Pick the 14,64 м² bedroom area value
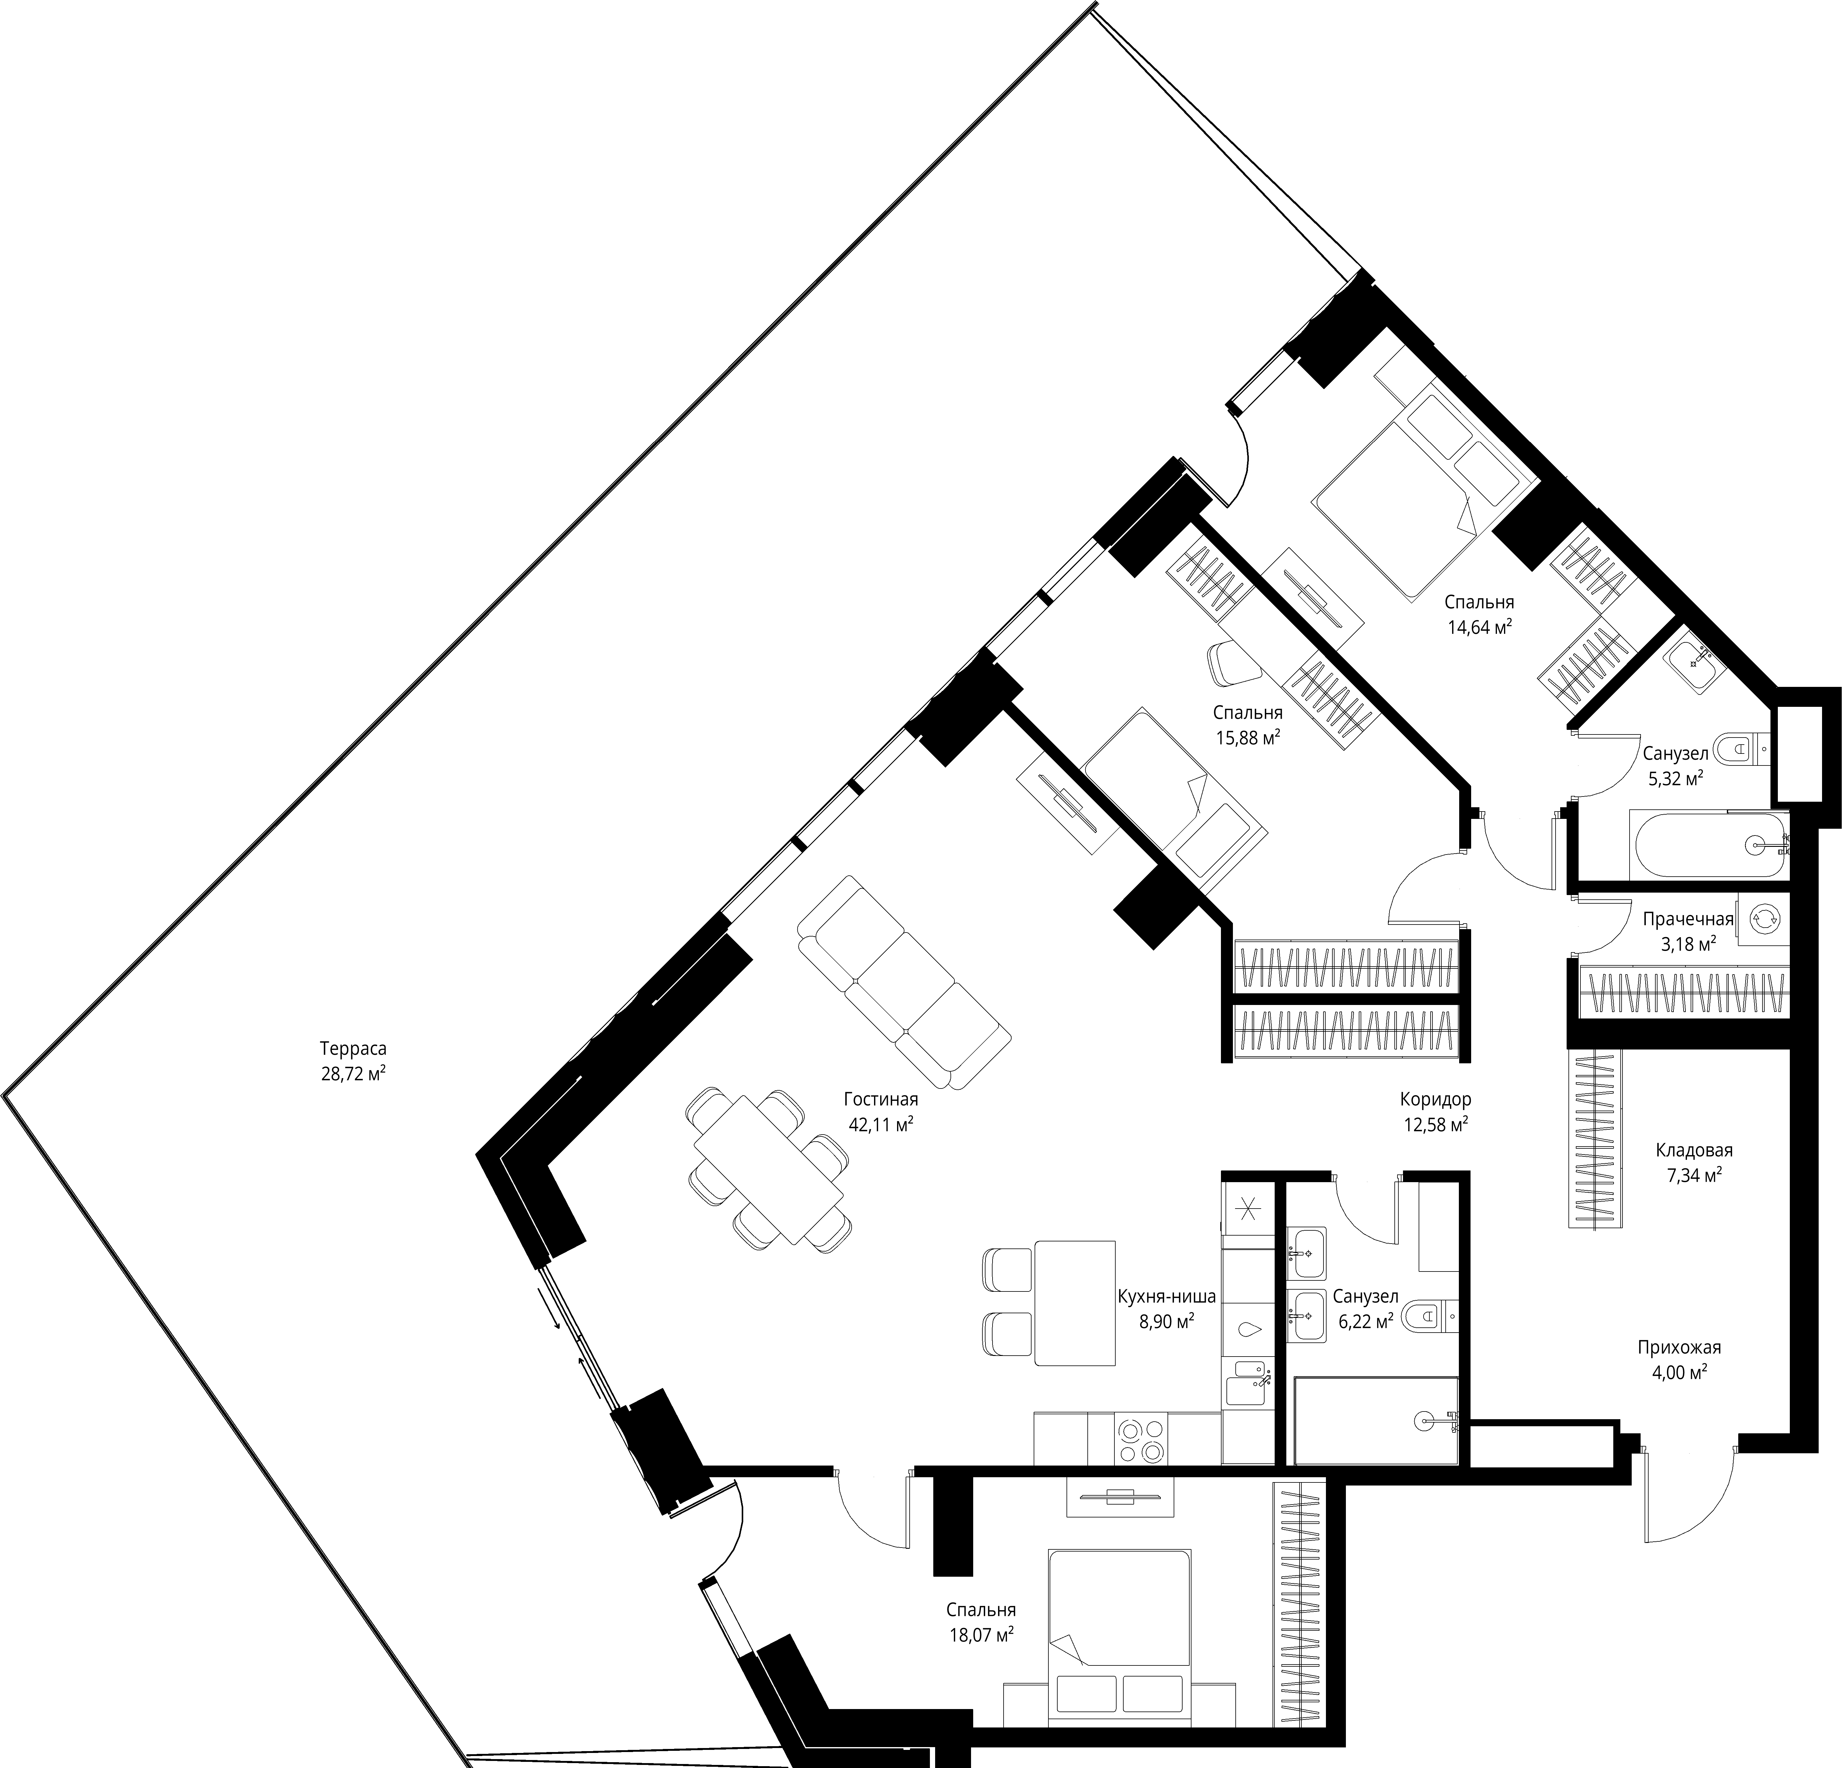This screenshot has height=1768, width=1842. (1479, 627)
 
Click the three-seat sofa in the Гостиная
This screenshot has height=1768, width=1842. (904, 982)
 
